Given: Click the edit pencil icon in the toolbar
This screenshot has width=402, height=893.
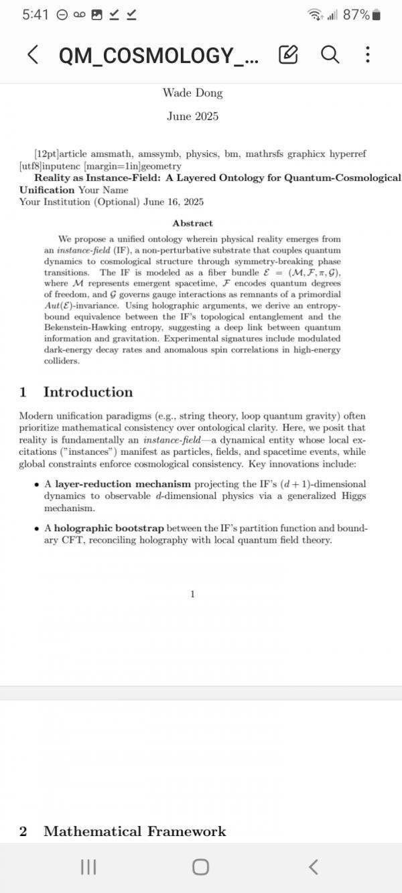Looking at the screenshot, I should click(287, 55).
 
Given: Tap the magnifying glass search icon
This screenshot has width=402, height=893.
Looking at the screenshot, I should click(330, 54).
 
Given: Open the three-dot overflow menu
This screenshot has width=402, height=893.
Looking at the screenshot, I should click(367, 55).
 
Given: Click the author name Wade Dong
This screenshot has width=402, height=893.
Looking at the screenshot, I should click(192, 93).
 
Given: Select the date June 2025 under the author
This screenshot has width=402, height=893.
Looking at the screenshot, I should click(192, 117).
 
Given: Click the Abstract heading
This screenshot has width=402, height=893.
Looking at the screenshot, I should click(192, 223).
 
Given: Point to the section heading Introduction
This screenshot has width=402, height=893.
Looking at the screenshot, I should click(88, 392).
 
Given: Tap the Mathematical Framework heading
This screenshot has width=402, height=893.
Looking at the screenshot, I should click(135, 831).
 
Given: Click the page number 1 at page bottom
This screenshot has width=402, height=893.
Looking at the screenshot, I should click(192, 594).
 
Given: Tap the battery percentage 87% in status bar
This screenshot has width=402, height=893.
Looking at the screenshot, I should click(355, 15).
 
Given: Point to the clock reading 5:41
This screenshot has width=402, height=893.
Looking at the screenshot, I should click(35, 15).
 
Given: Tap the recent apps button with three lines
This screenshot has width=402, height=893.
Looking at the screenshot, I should click(88, 867).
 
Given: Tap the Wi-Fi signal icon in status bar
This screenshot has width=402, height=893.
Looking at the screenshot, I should click(314, 15).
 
